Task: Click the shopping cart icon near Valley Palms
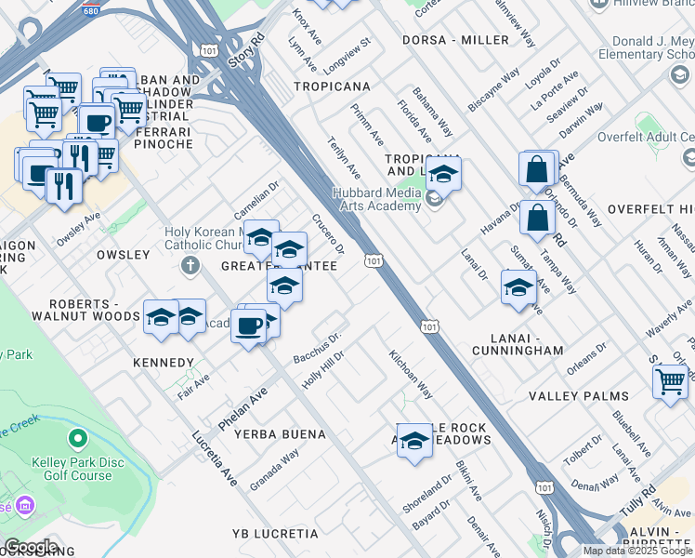click(x=670, y=381)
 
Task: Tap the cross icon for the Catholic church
click(x=190, y=267)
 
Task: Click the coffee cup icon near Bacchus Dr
click(x=248, y=326)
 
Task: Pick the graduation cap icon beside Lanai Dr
click(x=518, y=287)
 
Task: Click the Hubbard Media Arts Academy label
click(x=377, y=199)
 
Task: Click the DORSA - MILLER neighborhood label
click(x=455, y=40)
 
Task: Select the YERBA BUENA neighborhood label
click(x=280, y=434)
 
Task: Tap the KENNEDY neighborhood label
click(x=164, y=363)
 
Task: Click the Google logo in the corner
click(x=31, y=547)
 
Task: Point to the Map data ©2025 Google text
click(x=636, y=551)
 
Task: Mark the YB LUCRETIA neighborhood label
click(x=275, y=534)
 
